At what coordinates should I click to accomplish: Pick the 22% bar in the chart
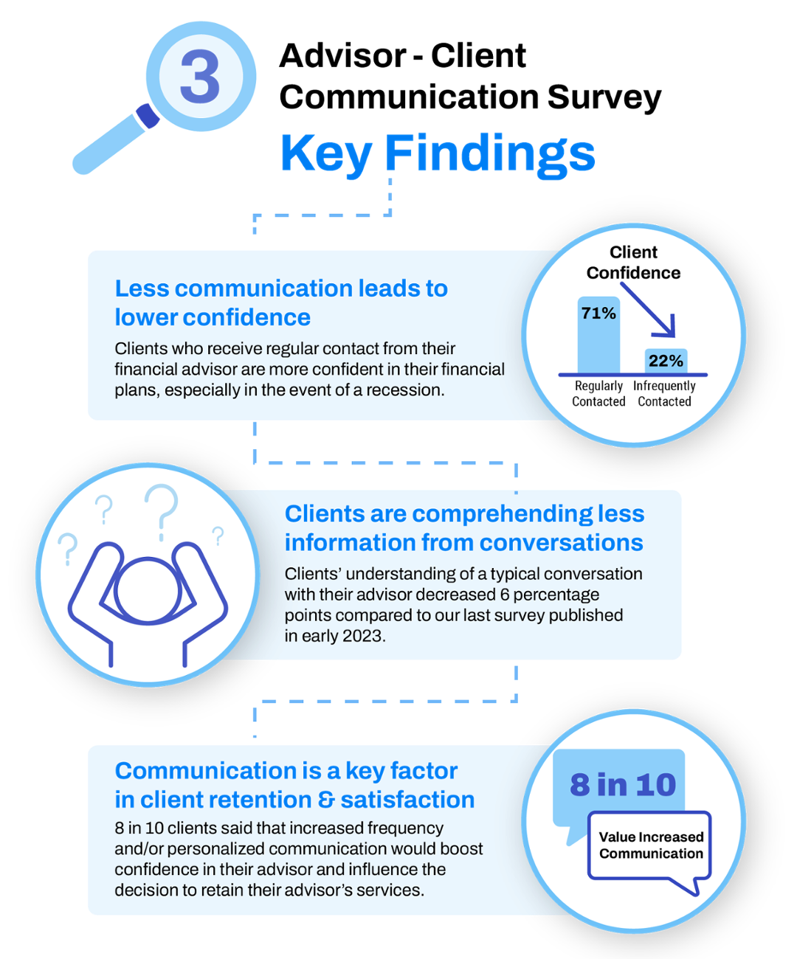[x=666, y=361]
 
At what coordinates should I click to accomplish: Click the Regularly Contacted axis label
[x=598, y=393]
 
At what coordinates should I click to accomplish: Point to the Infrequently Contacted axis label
[x=664, y=393]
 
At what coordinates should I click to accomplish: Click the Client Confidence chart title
[x=633, y=263]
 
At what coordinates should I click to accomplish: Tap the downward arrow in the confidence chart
[x=650, y=310]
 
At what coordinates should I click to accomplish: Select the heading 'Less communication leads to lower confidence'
[x=280, y=302]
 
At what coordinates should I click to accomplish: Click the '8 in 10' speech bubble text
[x=623, y=785]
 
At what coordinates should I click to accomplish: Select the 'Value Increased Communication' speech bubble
[x=651, y=845]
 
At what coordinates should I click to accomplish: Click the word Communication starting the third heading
[x=196, y=771]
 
